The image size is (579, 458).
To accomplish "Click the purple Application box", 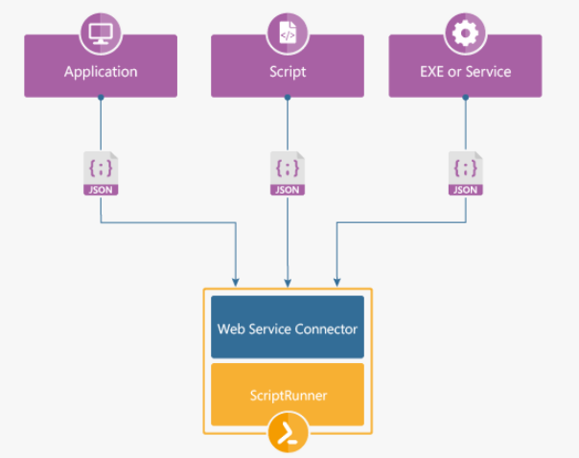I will [101, 71].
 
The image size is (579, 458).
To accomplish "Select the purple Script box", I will [288, 71].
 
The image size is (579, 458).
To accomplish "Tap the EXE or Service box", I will [465, 71].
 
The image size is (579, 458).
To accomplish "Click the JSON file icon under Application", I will [101, 173].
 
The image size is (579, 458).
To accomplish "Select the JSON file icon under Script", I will [288, 173].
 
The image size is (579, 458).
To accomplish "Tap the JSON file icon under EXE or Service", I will [465, 173].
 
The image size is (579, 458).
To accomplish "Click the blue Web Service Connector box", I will [288, 328].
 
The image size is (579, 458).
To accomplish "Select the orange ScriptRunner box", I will [288, 393].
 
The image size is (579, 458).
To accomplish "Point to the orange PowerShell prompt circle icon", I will [288, 434].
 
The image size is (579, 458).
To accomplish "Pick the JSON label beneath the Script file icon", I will [288, 190].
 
